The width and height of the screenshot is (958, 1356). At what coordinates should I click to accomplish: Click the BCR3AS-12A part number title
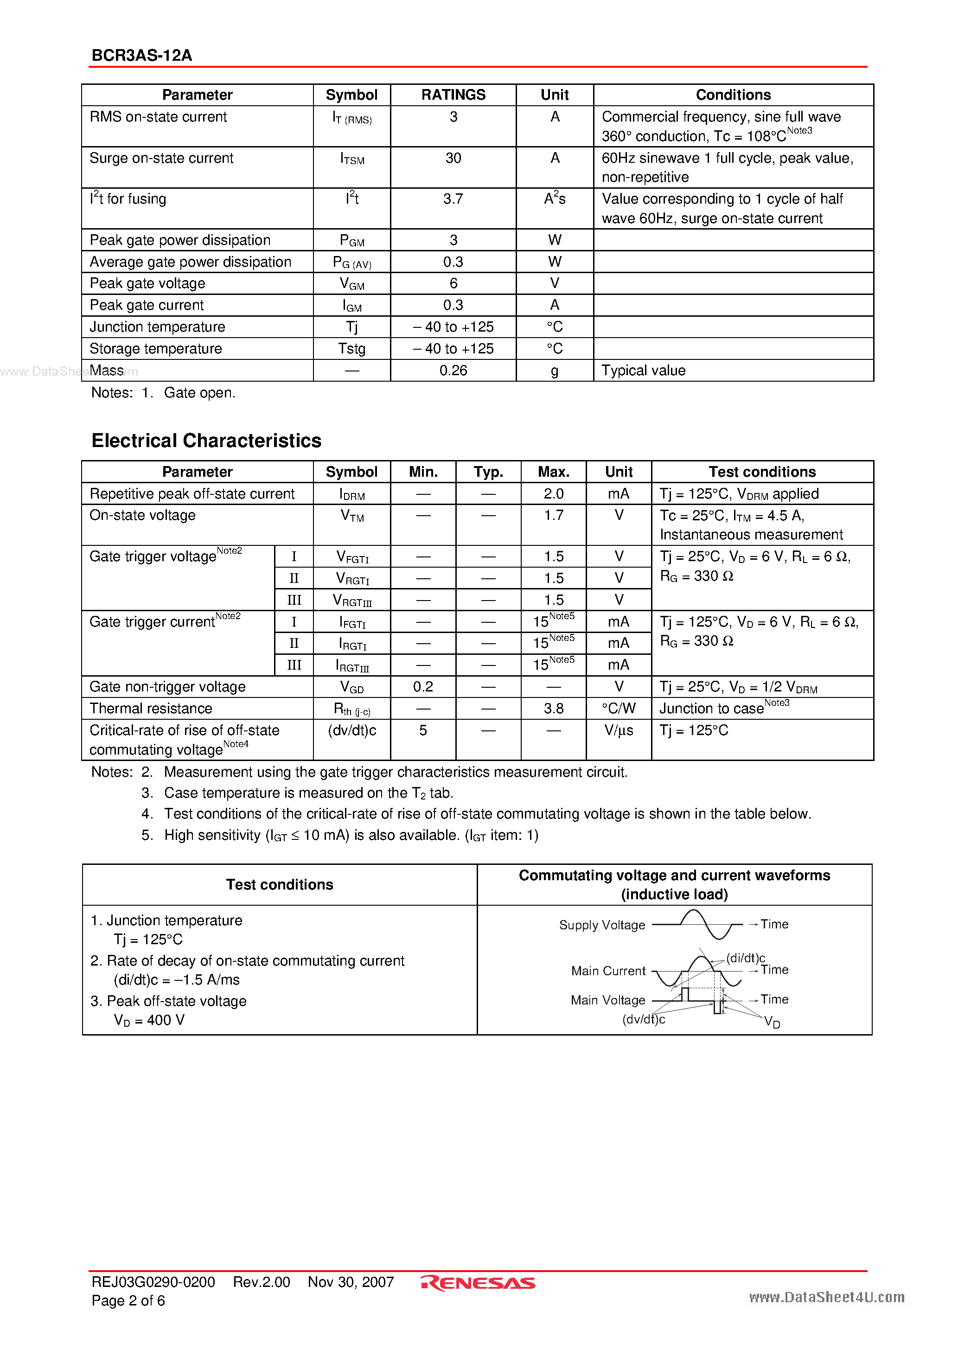pos(142,56)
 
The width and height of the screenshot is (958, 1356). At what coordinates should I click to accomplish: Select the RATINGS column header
pos(453,95)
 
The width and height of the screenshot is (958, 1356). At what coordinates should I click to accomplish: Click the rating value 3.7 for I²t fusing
pos(453,199)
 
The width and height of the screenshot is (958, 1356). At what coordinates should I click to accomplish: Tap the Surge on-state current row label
pos(161,158)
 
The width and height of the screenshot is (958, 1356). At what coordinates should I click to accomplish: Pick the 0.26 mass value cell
pos(453,371)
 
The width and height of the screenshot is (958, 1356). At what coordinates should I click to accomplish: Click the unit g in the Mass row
pos(554,371)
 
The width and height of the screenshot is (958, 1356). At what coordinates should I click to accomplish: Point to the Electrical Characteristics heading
pos(206,441)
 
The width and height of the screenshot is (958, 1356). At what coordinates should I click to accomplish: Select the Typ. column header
pos(488,472)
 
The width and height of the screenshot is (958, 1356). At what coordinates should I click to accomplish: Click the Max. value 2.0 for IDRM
pos(553,494)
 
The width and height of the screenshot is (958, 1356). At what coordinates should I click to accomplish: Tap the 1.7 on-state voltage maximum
pos(553,516)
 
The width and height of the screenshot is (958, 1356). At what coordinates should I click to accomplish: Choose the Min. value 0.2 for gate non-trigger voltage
pos(423,687)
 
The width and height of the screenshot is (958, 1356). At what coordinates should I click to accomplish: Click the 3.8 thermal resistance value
pos(553,709)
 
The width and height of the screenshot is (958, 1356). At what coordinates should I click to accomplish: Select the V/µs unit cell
pos(619,730)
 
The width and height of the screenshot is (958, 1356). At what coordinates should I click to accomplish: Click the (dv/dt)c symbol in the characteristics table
pos(352,730)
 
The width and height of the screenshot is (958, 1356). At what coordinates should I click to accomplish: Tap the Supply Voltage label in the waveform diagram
pos(602,925)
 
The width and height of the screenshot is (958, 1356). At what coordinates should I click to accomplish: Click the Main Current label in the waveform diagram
pos(608,971)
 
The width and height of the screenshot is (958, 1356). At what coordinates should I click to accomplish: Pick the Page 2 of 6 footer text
pos(128,1300)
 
